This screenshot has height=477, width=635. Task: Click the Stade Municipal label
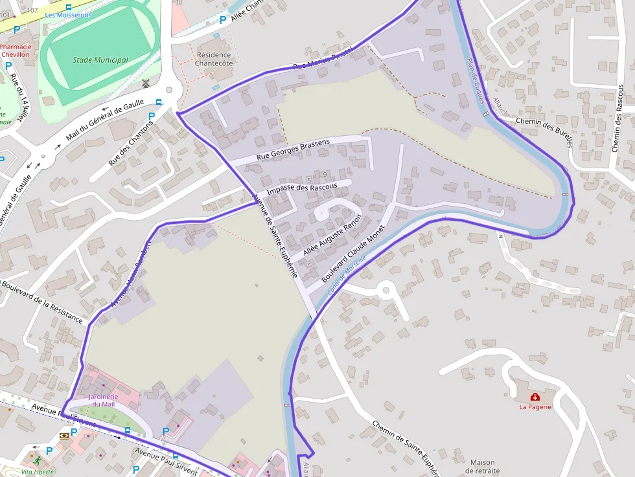(x=100, y=60)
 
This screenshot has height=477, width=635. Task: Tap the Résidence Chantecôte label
(x=214, y=59)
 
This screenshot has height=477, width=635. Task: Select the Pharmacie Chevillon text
(x=15, y=51)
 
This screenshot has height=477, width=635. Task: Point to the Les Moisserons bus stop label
(x=68, y=15)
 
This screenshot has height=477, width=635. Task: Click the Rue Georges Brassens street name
(x=293, y=150)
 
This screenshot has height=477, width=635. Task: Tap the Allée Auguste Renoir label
(x=332, y=233)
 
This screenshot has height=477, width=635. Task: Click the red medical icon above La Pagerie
(x=535, y=397)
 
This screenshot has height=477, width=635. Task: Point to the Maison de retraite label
(x=483, y=467)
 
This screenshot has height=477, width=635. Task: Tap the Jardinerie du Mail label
(x=103, y=400)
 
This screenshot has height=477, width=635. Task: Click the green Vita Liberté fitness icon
(x=38, y=461)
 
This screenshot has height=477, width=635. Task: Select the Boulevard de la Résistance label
(x=42, y=300)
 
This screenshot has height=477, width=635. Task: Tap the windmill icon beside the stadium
(x=146, y=83)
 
